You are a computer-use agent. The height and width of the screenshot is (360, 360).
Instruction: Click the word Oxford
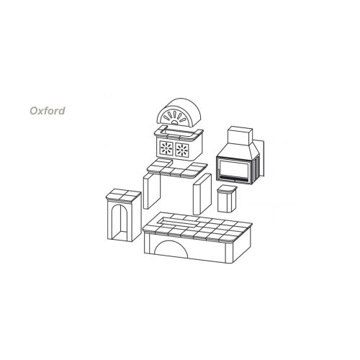pyautogui.click(x=48, y=111)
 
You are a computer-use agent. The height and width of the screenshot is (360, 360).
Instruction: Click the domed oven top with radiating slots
pyautogui.click(x=178, y=112)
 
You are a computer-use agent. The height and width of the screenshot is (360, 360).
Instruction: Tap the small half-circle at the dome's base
pyautogui.click(x=176, y=122)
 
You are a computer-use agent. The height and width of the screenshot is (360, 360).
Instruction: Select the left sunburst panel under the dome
pyautogui.click(x=166, y=148)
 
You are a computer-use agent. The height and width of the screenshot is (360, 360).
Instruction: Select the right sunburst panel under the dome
pyautogui.click(x=182, y=150)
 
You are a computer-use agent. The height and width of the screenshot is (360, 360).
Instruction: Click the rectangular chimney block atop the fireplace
pyautogui.click(x=240, y=136)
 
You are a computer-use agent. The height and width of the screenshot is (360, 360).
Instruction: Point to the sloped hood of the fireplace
pyautogui.click(x=238, y=152)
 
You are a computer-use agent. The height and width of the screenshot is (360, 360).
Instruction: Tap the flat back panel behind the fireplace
pyautogui.click(x=261, y=158)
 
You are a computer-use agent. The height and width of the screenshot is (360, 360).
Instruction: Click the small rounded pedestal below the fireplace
pyautogui.click(x=227, y=199)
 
